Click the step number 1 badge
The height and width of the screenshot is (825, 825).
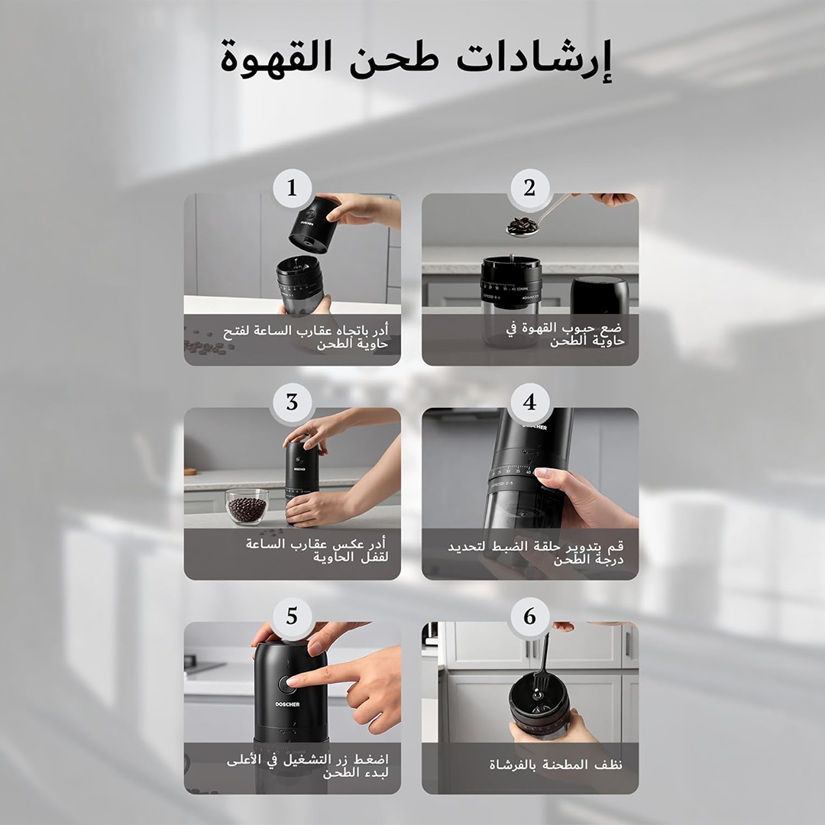[292, 188]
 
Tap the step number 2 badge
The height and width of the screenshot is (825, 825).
[530, 188]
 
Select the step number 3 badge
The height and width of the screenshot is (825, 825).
[292, 403]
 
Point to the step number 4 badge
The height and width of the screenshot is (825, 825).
[530, 403]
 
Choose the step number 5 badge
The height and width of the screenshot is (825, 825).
[292, 616]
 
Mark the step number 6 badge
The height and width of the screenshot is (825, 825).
[530, 616]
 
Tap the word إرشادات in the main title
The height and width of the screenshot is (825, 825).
[533, 59]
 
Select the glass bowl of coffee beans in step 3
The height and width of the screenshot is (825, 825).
[247, 506]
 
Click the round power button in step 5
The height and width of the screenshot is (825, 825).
[286, 684]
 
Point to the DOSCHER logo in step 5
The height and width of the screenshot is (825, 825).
[287, 704]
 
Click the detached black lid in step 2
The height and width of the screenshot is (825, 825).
[600, 295]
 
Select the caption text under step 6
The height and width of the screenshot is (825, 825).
[555, 765]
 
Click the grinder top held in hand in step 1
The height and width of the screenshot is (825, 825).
[315, 225]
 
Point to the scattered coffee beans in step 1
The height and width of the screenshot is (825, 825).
[206, 345]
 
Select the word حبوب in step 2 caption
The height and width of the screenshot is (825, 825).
[576, 328]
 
